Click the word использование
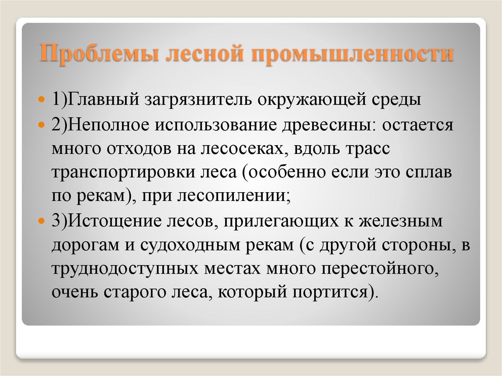[x=218, y=125]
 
